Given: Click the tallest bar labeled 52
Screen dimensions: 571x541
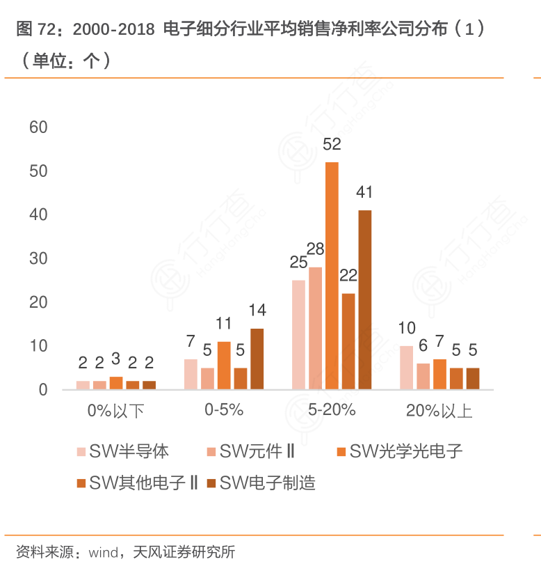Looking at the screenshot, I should click(332, 275).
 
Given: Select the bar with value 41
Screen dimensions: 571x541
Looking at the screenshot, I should click(365, 299).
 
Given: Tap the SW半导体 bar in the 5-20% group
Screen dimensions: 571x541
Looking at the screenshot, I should click(298, 334).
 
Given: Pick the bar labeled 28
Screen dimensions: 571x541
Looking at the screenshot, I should click(315, 328).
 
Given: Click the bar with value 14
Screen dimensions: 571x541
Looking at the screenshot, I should click(257, 359).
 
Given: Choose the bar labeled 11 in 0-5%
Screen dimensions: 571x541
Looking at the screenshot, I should click(223, 365).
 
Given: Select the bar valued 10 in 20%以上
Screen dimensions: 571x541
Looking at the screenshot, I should click(406, 367).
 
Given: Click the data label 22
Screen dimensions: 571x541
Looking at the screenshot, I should click(348, 275).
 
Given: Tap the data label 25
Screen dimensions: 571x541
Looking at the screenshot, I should click(298, 263).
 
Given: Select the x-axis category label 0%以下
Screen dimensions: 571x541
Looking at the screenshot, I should click(115, 410).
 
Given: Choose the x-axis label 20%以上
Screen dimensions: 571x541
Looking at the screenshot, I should click(439, 410).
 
